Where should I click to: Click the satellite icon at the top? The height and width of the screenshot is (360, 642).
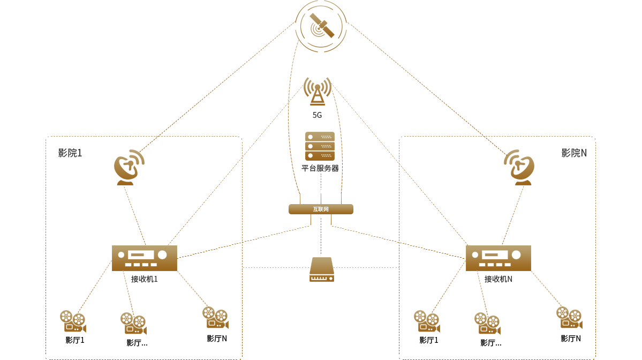click(x=321, y=26)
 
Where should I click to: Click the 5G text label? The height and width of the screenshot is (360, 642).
click(x=318, y=115)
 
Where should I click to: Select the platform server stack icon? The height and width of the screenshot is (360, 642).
click(x=320, y=146)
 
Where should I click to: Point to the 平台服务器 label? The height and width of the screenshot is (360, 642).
click(x=320, y=168)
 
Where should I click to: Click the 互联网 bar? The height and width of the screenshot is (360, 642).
click(x=321, y=209)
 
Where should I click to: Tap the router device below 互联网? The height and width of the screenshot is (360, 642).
click(x=322, y=269)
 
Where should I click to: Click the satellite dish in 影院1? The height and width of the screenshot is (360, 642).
click(x=129, y=168)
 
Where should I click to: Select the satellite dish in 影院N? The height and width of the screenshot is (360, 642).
click(x=519, y=168)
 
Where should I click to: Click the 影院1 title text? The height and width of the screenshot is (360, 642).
click(x=70, y=153)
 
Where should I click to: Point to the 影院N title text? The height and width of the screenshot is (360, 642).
click(x=574, y=153)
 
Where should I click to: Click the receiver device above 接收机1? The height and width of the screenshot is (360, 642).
click(x=144, y=258)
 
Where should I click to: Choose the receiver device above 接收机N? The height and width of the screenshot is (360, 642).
click(x=498, y=258)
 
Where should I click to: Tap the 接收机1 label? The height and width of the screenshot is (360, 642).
click(x=145, y=279)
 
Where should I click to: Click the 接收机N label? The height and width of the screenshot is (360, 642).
click(x=499, y=279)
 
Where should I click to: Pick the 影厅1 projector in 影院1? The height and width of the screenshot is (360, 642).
click(x=73, y=321)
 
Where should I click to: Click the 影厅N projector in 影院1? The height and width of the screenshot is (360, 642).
click(x=215, y=317)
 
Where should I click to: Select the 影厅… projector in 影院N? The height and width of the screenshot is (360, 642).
click(x=487, y=324)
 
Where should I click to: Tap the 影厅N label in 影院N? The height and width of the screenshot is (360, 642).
click(x=571, y=339)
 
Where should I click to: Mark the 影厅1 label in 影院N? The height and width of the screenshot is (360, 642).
click(x=429, y=340)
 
